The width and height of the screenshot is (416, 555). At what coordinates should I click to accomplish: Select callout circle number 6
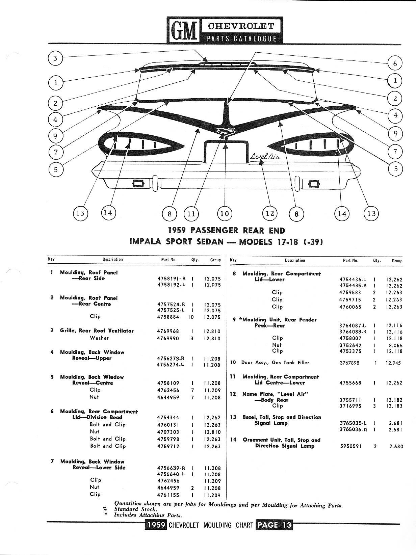(395, 63)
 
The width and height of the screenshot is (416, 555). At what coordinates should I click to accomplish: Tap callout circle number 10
(225, 213)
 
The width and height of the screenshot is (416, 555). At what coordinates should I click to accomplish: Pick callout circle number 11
(191, 213)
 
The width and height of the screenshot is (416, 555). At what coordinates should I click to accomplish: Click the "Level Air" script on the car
(265, 156)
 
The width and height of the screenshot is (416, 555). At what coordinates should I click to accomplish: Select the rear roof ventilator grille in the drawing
(227, 64)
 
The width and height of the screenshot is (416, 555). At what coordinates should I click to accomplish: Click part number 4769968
(168, 331)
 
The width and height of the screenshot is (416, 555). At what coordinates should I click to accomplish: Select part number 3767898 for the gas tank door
(349, 363)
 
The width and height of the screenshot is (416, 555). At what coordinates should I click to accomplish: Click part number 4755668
(350, 383)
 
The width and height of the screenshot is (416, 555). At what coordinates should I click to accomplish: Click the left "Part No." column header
(169, 260)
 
